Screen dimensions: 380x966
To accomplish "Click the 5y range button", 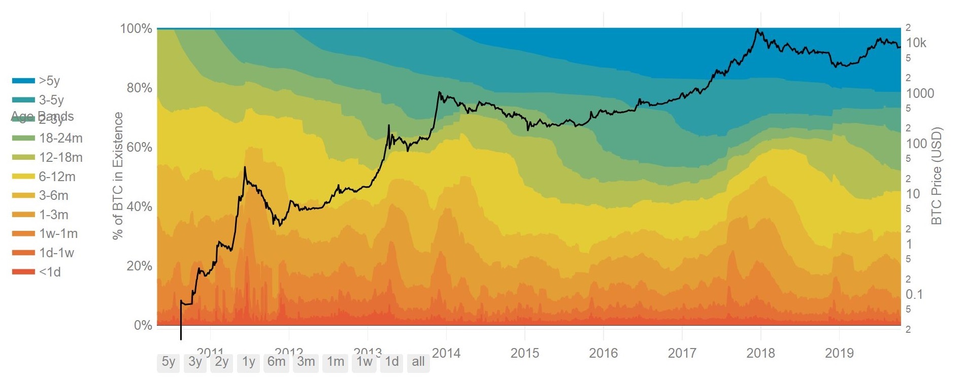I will [x=169, y=362].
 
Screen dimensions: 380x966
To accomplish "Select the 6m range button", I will [x=276, y=362].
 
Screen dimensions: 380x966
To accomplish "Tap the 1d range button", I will [x=391, y=362].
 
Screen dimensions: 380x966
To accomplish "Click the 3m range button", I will [x=306, y=362].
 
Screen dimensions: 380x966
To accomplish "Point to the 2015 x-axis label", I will [x=524, y=353].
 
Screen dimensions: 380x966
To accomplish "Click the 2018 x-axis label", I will [x=760, y=353].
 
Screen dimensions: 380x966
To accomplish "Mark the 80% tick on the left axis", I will [x=139, y=88].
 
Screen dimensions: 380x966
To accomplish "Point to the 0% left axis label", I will [x=143, y=325].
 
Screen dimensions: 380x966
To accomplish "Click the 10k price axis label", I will [x=916, y=43].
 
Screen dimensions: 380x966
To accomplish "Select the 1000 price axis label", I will [x=920, y=93].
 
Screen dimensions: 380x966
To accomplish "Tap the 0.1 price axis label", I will [x=914, y=294].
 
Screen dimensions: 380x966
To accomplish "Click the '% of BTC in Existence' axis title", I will [x=118, y=176].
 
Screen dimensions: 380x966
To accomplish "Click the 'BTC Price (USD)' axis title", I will [x=937, y=176].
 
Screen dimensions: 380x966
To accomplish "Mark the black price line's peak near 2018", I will [x=757, y=29].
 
